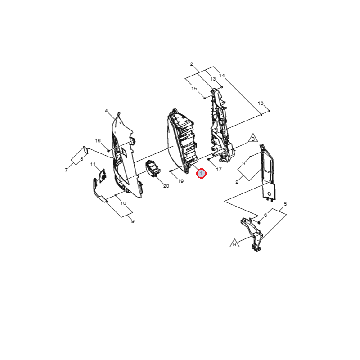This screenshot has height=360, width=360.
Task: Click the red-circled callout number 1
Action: coord(201,173)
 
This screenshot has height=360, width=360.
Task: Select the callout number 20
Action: coord(166,186)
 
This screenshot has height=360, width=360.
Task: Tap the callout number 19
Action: coord(181,181)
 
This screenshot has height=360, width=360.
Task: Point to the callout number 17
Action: coord(219,169)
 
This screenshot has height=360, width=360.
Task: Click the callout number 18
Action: coord(261,103)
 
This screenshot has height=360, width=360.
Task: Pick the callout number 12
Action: coord(190,64)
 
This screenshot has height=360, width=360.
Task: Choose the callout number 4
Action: coord(106,111)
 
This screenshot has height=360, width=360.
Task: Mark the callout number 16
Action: coord(98,140)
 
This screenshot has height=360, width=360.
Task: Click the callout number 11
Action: coord(93,164)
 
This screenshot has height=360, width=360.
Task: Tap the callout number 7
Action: coord(66,170)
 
